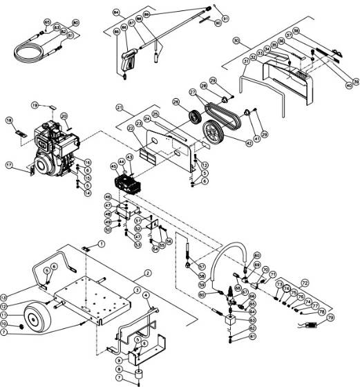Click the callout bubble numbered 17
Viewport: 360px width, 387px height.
10,165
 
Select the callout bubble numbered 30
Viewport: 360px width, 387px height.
237,41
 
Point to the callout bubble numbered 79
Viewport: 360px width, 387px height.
330,317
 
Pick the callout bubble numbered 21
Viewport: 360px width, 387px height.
120,108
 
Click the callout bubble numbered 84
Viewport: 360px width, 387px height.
115,13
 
